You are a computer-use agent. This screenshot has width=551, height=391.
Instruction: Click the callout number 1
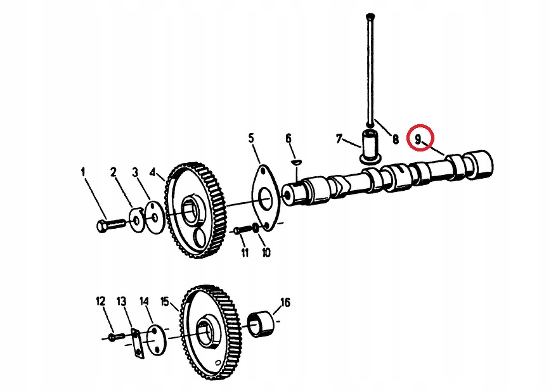[x=82, y=172]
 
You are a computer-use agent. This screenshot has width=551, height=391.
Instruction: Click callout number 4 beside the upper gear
[x=152, y=172]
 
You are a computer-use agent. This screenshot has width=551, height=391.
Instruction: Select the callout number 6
[x=288, y=139]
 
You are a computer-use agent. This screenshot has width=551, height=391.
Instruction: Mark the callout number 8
[x=395, y=139]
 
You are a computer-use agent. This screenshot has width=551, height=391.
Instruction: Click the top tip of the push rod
[x=370, y=15]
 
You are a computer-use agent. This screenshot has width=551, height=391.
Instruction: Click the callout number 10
[x=266, y=253]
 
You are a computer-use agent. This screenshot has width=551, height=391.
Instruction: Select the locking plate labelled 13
[x=136, y=343]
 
